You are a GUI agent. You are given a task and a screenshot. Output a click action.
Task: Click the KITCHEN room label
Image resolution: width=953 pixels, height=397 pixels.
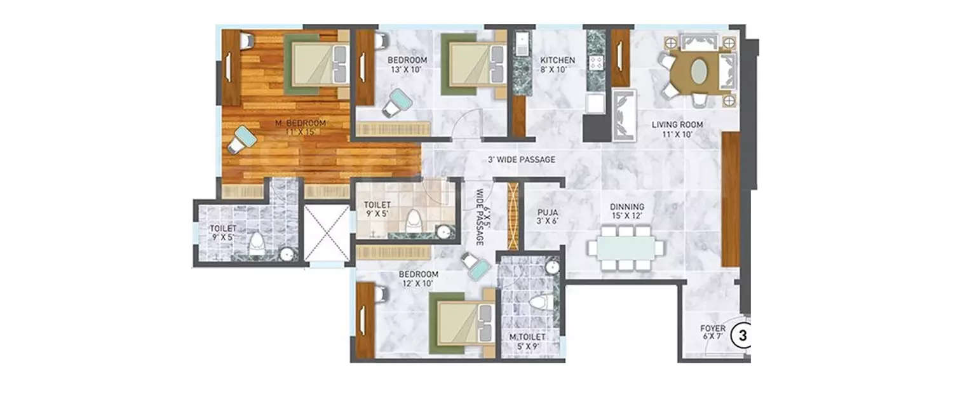coord(557,60)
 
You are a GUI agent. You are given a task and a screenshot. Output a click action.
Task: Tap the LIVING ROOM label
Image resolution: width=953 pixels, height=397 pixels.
coord(675,124)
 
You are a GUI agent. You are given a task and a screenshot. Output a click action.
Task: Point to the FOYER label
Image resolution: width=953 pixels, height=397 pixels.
coord(712,328)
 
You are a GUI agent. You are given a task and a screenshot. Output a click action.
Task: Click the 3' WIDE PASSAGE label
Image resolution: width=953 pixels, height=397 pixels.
coord(522,159)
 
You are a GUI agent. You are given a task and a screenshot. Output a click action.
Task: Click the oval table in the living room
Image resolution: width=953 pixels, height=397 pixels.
coord(697,70)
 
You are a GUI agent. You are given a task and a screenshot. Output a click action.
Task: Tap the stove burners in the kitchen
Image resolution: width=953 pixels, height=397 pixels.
coord(597,62)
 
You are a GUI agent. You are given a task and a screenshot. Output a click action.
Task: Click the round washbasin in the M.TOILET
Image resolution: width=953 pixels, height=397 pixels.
coord(553,267)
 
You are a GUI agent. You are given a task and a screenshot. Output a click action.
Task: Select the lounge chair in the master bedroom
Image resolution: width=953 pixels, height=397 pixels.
coord(241,139)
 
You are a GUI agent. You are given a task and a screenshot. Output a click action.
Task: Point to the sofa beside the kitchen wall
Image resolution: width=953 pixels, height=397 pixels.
coord(624,115)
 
